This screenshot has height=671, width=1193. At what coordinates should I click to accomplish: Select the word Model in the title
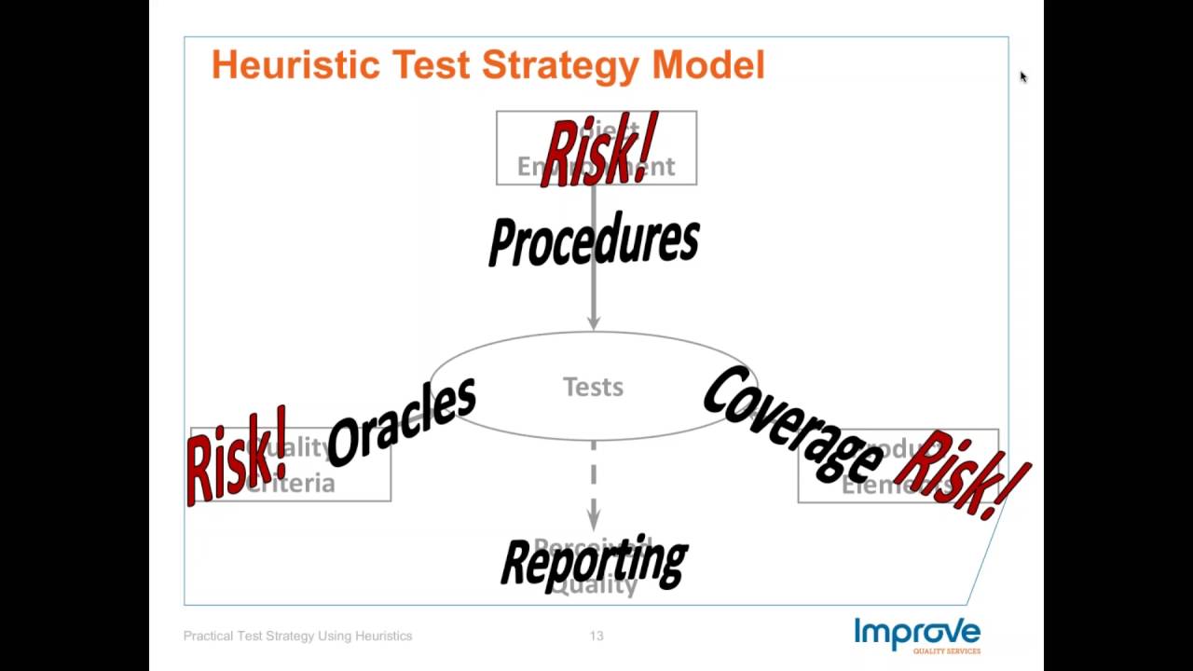[x=708, y=65]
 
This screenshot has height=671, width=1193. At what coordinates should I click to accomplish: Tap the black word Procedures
[x=594, y=241]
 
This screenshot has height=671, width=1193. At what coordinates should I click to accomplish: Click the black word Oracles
[x=402, y=423]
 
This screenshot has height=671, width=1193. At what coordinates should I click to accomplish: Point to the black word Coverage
[x=791, y=424]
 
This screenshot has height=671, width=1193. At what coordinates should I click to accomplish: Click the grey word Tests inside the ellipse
[x=593, y=387]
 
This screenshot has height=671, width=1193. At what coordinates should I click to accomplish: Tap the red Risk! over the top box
[x=599, y=151]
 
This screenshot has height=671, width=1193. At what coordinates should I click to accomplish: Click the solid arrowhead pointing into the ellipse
[x=594, y=321]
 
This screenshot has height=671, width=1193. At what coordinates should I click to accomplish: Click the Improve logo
[x=917, y=633]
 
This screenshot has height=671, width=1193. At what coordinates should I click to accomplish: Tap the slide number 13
[x=596, y=636]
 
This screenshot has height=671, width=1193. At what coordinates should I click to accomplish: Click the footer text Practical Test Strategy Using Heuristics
[x=297, y=636]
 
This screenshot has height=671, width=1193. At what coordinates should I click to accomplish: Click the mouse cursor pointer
[x=1022, y=77]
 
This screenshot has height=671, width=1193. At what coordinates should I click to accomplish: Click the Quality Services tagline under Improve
[x=946, y=650]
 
